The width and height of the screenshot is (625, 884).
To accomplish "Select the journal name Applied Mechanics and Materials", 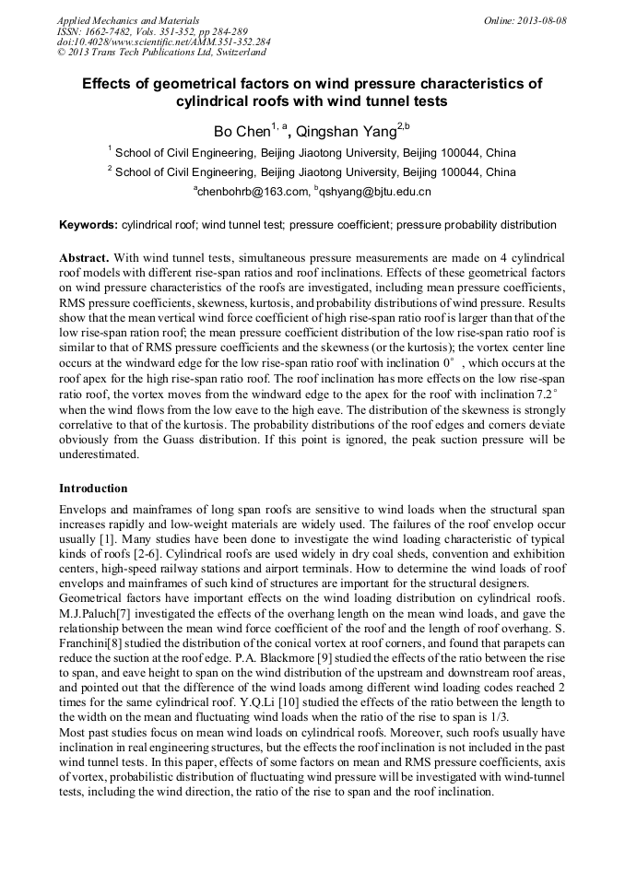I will point(117,20).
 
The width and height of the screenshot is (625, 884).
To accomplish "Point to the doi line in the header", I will point(163,41).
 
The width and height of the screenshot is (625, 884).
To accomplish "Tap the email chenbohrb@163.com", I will point(252,192).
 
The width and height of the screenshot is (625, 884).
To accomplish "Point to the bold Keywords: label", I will point(88,225).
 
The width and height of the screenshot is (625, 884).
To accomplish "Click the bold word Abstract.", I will point(85,258).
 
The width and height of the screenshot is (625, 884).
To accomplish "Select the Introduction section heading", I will point(93,489).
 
